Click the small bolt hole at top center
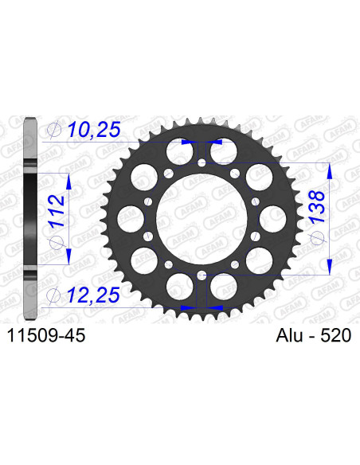point(202,163)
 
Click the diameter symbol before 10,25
point(54,128)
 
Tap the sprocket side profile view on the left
point(30,217)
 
